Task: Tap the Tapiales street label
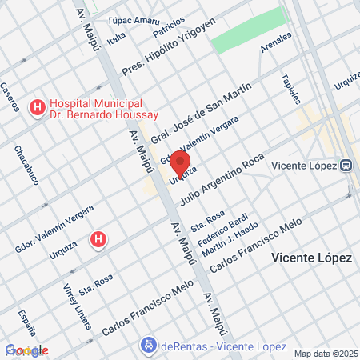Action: tap(290, 89)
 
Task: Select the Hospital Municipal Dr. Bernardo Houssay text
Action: tap(97, 110)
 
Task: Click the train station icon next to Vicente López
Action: tap(346, 166)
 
